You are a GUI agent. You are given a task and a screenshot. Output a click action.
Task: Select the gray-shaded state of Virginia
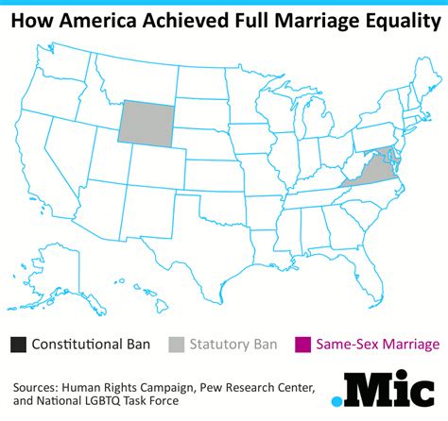[x=363, y=174]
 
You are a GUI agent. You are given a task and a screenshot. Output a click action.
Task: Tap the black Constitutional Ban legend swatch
[x=20, y=344]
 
